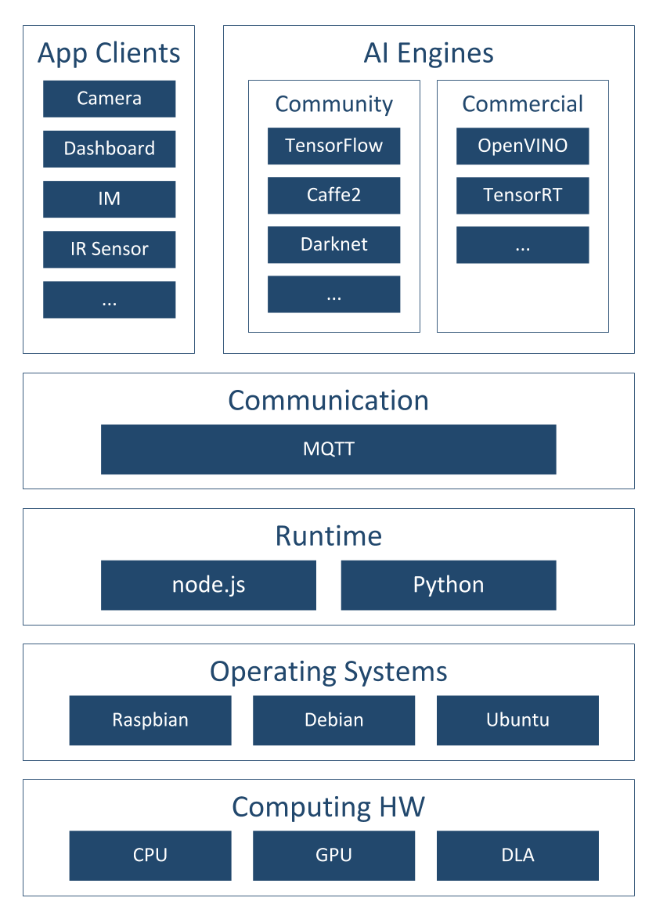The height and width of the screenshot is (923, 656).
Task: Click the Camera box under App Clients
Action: click(x=110, y=99)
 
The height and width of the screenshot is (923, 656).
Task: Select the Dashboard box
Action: click(x=110, y=149)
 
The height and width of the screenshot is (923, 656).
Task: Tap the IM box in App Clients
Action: click(x=110, y=199)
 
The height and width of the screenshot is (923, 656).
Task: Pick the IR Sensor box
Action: click(x=110, y=249)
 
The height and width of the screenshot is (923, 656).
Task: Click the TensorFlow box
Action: click(x=334, y=146)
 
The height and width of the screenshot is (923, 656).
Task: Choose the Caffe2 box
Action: click(x=334, y=195)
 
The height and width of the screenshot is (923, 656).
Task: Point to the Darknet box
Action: click(x=334, y=244)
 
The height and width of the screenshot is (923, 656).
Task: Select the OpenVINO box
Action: click(x=523, y=146)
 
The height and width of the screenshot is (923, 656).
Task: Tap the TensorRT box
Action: click(x=523, y=195)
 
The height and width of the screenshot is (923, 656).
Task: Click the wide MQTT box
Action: click(x=329, y=449)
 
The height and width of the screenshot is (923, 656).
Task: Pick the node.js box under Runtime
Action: click(x=209, y=585)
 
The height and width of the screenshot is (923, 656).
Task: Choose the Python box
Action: click(x=449, y=585)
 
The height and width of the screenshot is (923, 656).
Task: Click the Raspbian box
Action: click(x=150, y=720)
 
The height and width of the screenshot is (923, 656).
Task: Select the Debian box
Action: click(x=334, y=720)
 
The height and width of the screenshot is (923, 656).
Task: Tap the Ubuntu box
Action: click(x=517, y=720)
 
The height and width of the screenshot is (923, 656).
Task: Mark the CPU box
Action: click(x=150, y=856)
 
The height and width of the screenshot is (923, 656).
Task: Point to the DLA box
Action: click(x=517, y=856)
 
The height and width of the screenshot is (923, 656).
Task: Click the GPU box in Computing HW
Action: click(x=334, y=856)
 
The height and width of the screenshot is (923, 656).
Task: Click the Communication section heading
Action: click(x=329, y=401)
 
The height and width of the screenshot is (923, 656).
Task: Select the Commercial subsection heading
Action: click(x=523, y=104)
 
